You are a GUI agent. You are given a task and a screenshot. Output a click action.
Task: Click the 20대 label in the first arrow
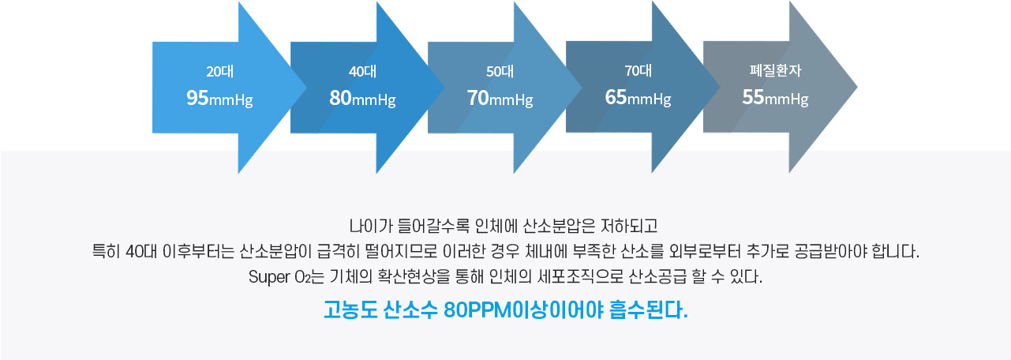(220, 71)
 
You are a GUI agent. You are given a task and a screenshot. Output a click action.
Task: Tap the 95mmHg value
(220, 98)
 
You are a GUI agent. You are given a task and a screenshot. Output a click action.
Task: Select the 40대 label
(362, 71)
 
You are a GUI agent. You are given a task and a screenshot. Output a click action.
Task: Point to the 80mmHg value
(362, 98)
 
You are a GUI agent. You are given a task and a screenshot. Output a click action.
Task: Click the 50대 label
(500, 71)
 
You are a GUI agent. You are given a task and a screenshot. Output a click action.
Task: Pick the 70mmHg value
(500, 98)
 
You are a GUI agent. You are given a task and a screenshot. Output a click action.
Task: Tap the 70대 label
(638, 70)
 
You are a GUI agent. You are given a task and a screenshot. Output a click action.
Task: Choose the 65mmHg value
(638, 97)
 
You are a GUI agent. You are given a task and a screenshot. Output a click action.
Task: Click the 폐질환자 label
(775, 70)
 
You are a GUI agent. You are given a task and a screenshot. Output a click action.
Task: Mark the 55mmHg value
(775, 97)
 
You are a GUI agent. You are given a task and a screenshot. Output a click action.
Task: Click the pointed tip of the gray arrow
(856, 87)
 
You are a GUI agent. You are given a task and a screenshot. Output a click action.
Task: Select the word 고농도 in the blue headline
(350, 310)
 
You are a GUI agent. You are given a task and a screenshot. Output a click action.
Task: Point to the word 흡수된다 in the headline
(649, 310)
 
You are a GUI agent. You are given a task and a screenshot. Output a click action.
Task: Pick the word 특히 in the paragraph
(106, 251)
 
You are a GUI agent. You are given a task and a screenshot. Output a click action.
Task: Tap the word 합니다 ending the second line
(896, 251)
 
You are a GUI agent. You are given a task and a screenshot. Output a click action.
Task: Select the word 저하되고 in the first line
(629, 226)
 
